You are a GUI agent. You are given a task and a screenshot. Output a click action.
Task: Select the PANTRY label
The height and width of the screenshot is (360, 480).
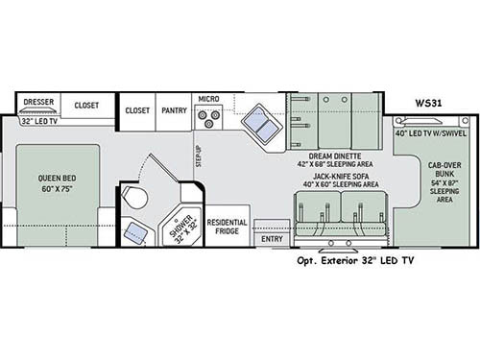[x=173, y=110]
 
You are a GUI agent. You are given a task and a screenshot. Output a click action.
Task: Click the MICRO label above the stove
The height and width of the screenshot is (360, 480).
[x=209, y=99]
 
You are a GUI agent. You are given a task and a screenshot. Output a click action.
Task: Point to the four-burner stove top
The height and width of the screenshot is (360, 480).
[x=208, y=118]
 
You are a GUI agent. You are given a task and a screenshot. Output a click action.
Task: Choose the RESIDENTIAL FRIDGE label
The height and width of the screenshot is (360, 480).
[x=228, y=228]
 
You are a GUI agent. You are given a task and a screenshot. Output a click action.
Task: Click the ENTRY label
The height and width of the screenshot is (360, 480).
[x=273, y=239]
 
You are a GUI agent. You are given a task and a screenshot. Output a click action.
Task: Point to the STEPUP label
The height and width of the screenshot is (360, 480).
[x=199, y=155]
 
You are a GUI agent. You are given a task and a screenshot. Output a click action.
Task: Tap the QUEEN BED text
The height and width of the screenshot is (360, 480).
[x=59, y=182]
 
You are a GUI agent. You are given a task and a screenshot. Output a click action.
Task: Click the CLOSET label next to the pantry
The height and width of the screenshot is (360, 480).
[x=137, y=110]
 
